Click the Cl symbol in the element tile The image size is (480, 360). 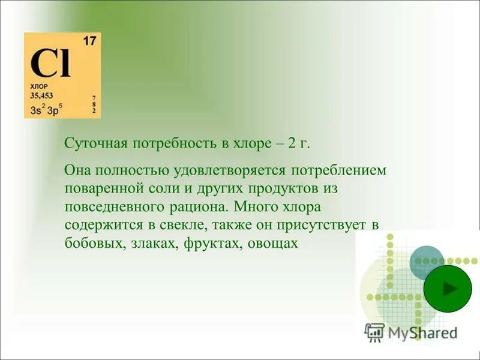pos(51,64)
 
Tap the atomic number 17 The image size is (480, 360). pos(89,41)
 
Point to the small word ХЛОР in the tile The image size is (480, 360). pos(38,86)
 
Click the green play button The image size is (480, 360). pos(448,288)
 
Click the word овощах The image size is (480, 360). pos(273,244)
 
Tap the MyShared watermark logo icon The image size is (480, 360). pos(374,332)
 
